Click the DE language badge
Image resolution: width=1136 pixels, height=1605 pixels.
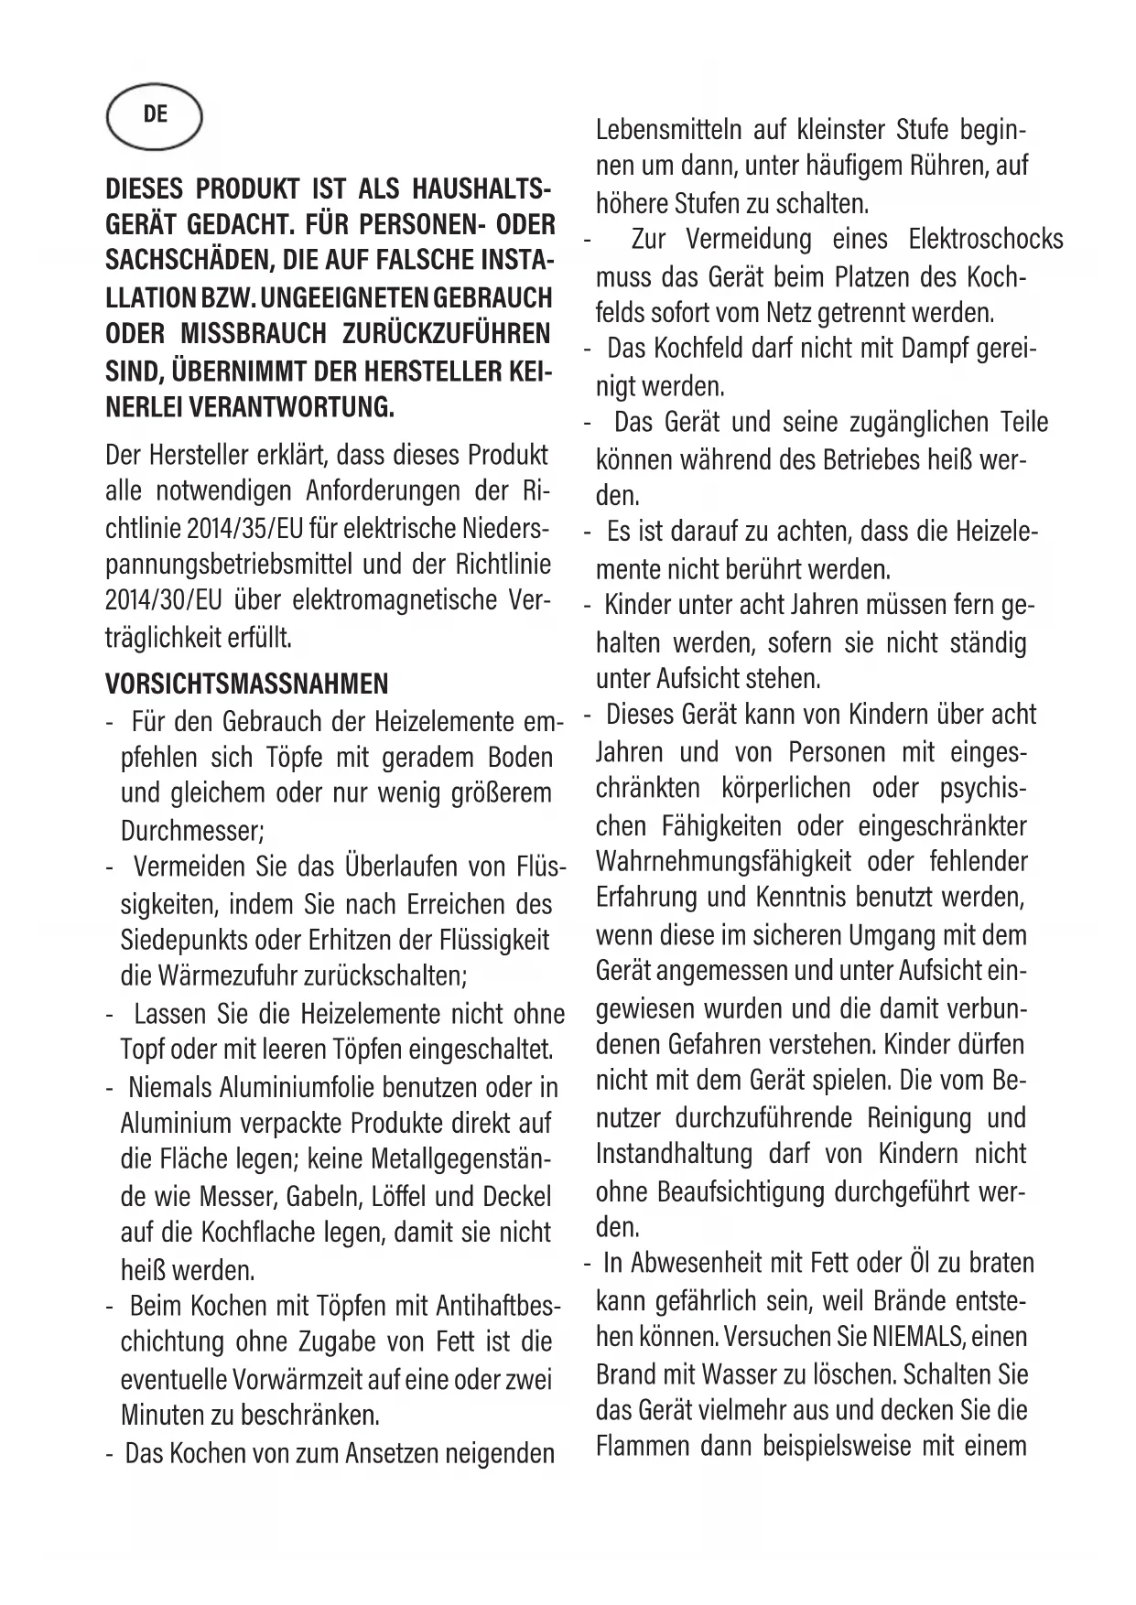[x=154, y=114]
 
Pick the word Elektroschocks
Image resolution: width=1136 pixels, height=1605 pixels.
[x=986, y=240]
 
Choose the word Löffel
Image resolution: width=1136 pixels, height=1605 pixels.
[x=397, y=1197]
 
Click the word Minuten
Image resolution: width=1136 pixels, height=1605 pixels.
[x=162, y=1415]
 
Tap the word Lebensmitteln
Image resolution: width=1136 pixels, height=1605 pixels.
[x=668, y=130]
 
